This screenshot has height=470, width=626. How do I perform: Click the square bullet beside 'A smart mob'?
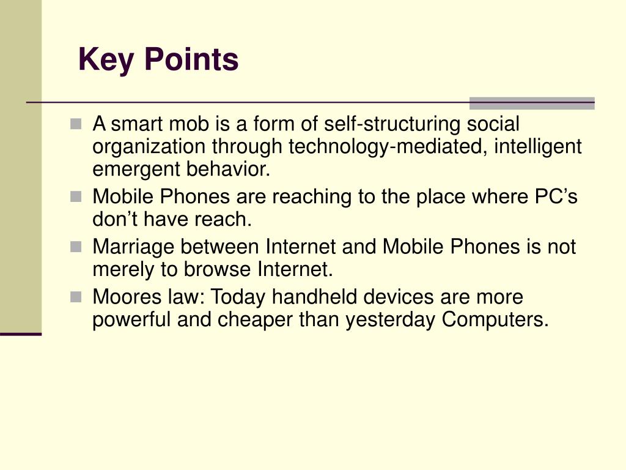pos(75,124)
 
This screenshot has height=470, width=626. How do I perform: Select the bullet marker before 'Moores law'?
pos(75,297)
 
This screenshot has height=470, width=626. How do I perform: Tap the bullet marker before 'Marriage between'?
pos(75,247)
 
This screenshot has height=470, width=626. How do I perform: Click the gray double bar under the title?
pos(531,103)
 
